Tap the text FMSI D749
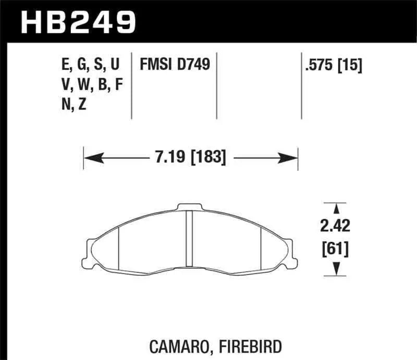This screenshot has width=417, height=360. coord(175,65)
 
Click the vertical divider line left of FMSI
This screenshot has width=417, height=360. coord(131,86)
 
